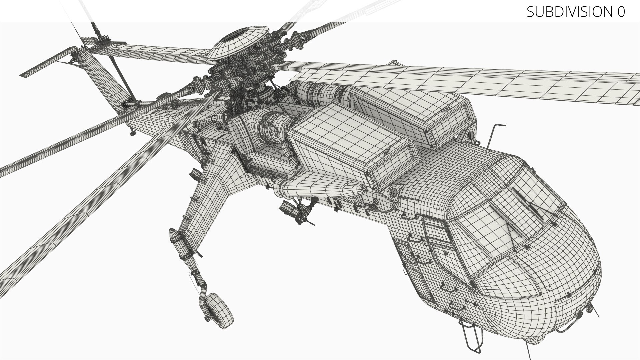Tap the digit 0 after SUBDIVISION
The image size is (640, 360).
[621, 12]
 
